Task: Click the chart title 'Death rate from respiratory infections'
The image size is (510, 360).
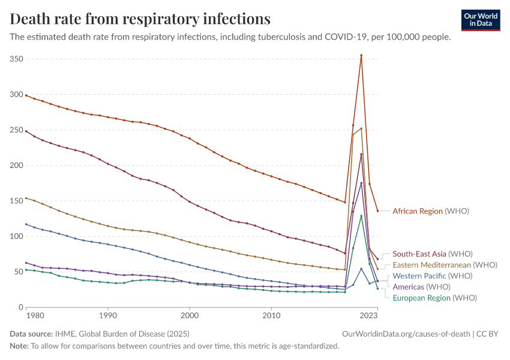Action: [x=140, y=19]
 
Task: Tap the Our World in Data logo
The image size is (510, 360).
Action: [x=481, y=20]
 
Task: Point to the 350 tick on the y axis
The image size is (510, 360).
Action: [x=16, y=59]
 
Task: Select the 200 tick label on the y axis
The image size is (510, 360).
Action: [x=16, y=166]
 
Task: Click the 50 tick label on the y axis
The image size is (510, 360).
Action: [x=18, y=272]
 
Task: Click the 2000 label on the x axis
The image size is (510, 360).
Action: [x=190, y=314]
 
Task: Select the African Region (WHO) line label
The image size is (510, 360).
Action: [x=430, y=211]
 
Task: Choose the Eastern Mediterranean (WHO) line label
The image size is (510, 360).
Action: [x=445, y=265]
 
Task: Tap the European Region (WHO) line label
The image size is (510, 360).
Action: [x=434, y=298]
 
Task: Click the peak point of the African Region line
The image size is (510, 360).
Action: [x=361, y=55]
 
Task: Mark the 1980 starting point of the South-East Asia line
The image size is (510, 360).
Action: [x=26, y=131]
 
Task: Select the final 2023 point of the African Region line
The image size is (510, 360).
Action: [x=377, y=211]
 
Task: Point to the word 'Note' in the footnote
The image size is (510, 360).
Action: [x=19, y=346]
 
